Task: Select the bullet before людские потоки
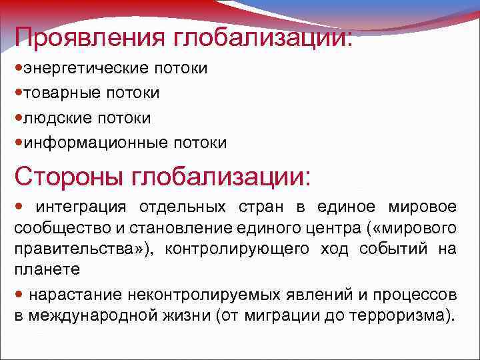(x=18, y=118)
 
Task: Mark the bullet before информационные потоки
(x=18, y=143)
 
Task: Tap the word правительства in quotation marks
(x=64, y=250)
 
